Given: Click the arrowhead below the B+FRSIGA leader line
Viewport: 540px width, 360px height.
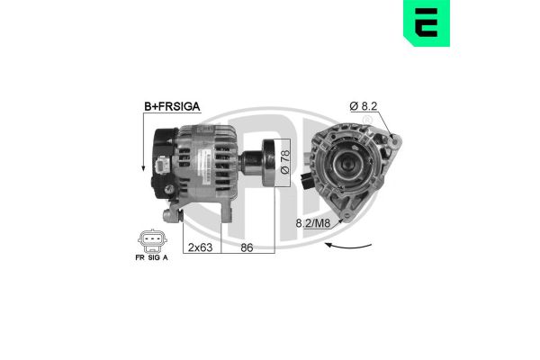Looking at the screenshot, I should (x=142, y=170).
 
